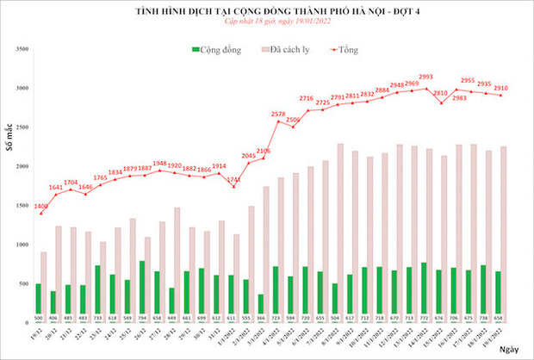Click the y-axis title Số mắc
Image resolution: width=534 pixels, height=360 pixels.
[10, 138]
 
